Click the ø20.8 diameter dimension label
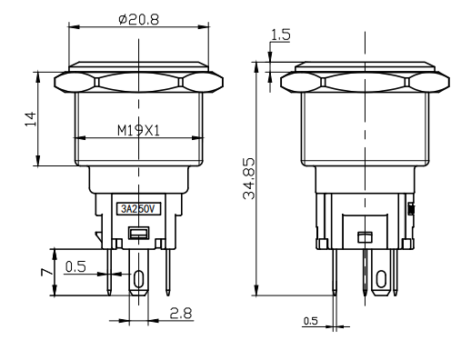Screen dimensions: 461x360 (138, 19)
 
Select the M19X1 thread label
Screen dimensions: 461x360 (138, 131)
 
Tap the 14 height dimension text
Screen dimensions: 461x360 (31, 119)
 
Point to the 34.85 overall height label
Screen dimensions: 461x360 (249, 178)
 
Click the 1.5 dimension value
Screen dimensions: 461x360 (280, 35)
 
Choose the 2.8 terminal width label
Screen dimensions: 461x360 (181, 314)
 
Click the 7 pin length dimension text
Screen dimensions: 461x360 (46, 272)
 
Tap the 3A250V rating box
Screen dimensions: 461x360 (138, 209)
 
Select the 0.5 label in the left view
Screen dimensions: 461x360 (75, 266)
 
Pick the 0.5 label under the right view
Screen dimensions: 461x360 (311, 321)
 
